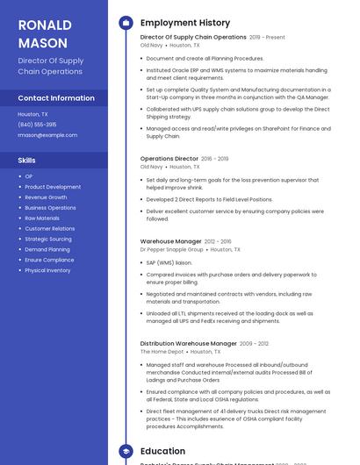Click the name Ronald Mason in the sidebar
tap(45, 32)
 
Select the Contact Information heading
tap(56, 98)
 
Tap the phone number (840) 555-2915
tap(38, 125)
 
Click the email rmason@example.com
tap(47, 135)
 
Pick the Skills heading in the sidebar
tap(27, 161)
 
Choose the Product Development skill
tap(53, 187)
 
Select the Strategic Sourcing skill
tap(48, 239)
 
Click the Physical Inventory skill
tap(47, 270)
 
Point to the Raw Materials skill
tap(42, 218)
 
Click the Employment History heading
tap(185, 23)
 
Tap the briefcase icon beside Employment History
tap(126, 23)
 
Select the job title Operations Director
tap(169, 159)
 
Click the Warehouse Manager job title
tap(171, 241)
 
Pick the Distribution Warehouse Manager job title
tap(188, 344)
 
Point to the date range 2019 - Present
tap(268, 38)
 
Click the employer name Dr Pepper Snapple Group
tap(172, 249)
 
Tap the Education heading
tap(162, 452)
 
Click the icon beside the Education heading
tap(126, 452)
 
